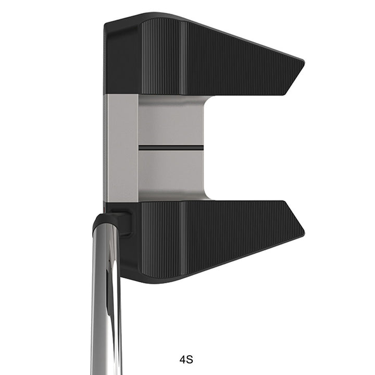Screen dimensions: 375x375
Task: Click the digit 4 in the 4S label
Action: click(183, 359)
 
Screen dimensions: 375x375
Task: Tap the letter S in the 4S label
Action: click(190, 359)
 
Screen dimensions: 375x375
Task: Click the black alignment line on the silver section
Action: click(171, 147)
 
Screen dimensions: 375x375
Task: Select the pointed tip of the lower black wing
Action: click(304, 230)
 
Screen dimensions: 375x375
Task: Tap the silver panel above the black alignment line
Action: click(171, 120)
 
